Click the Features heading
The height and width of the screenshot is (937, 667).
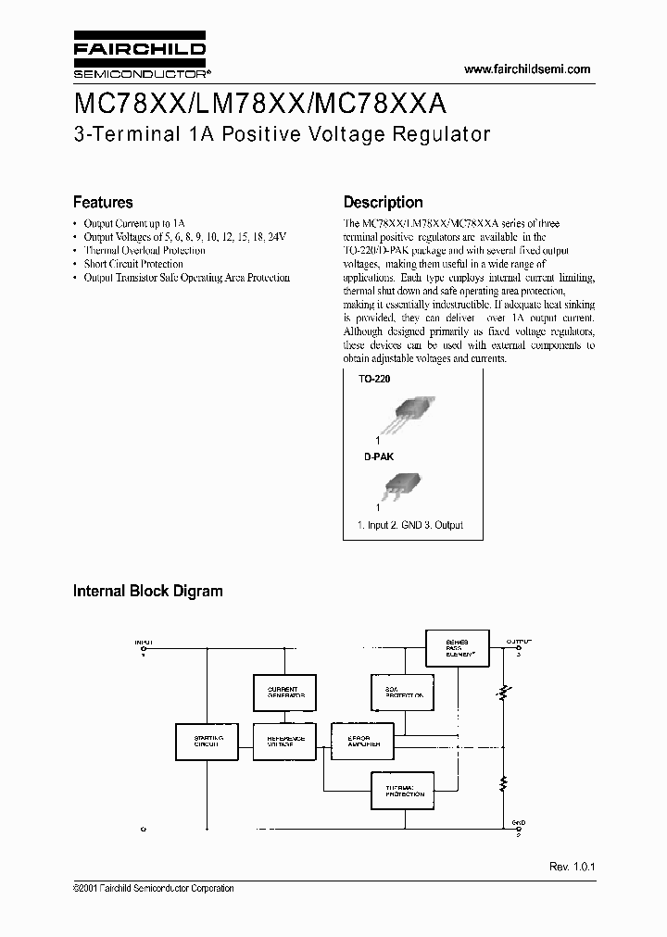tap(103, 202)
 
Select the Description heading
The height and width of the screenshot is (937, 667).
tap(383, 202)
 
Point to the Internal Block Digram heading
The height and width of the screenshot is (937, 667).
tap(148, 591)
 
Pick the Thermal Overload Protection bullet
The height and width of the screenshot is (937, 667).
tap(145, 250)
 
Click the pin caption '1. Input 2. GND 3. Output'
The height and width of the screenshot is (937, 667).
tap(409, 525)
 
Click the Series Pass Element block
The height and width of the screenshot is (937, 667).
tap(457, 647)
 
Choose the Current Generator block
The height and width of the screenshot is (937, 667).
tap(283, 693)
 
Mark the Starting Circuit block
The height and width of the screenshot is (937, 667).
tap(207, 742)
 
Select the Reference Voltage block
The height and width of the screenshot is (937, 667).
tap(283, 742)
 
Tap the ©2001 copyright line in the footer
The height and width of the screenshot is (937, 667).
tap(154, 889)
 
